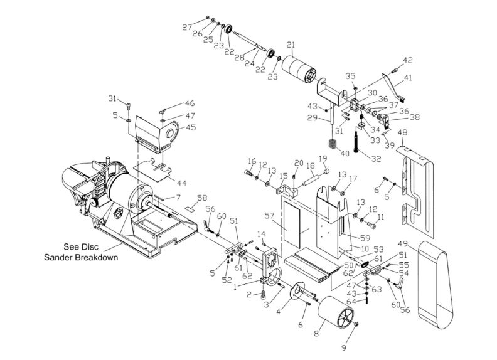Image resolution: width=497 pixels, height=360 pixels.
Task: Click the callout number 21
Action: coord(291,44)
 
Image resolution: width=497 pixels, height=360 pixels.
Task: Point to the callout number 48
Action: coord(403,132)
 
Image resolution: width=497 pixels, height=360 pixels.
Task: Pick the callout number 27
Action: coord(186,27)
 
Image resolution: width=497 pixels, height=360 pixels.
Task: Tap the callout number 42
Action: coord(408,60)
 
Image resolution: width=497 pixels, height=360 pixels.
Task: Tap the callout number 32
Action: coord(376,159)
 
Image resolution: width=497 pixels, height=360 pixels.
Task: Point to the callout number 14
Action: coord(262,234)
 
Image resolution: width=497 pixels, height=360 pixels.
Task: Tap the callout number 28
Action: coord(239,58)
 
